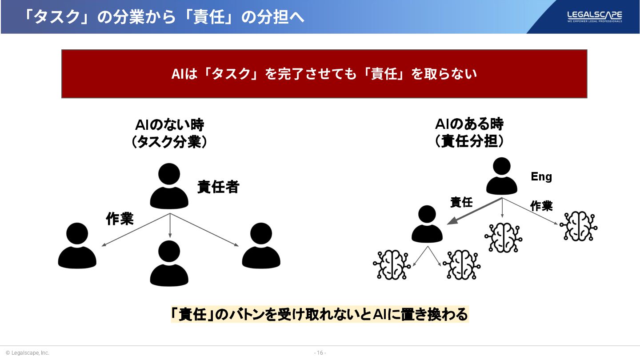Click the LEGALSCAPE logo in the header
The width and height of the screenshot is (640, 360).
click(594, 16)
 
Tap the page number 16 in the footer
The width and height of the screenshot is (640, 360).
click(320, 353)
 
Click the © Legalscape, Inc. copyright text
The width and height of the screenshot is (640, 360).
click(27, 353)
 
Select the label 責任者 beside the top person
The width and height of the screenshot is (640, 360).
click(218, 187)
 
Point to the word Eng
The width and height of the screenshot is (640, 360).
click(541, 177)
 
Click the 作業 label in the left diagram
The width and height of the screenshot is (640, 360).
click(120, 219)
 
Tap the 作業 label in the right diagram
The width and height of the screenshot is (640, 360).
click(541, 206)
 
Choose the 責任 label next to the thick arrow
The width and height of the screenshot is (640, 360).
click(461, 202)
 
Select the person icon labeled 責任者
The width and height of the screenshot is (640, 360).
click(169, 187)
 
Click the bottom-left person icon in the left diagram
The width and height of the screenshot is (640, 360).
click(77, 246)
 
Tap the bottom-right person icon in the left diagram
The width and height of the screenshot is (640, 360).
click(261, 246)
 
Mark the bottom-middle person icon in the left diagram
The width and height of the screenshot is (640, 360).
click(169, 264)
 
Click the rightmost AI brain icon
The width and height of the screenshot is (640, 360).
click(578, 226)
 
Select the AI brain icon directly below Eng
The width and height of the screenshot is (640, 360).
click(503, 237)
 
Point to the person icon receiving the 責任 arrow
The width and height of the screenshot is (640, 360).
click(427, 224)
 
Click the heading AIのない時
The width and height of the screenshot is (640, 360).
click(169, 124)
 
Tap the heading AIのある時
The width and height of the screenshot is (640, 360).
click(469, 124)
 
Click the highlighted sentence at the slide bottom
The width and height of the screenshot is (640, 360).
click(320, 315)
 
